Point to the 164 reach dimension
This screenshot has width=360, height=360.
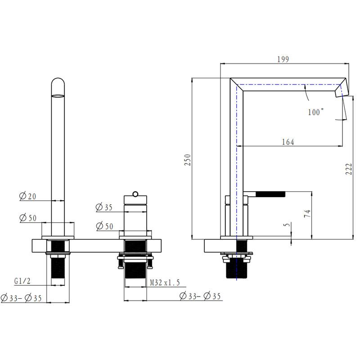coord(288,142)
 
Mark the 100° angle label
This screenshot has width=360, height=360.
coord(316,112)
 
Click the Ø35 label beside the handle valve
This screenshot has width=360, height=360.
coord(104,207)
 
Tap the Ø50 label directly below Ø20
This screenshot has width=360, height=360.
coord(28,218)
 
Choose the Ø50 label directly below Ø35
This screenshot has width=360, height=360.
coord(104,226)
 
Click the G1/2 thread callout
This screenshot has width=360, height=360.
coord(22,281)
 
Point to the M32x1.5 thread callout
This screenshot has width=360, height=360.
coord(165,283)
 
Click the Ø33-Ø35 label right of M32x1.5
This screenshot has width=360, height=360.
coord(201,296)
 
